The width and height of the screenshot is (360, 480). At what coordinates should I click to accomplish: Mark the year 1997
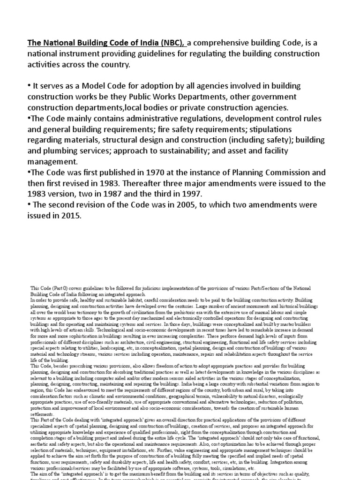[x=197, y=194]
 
